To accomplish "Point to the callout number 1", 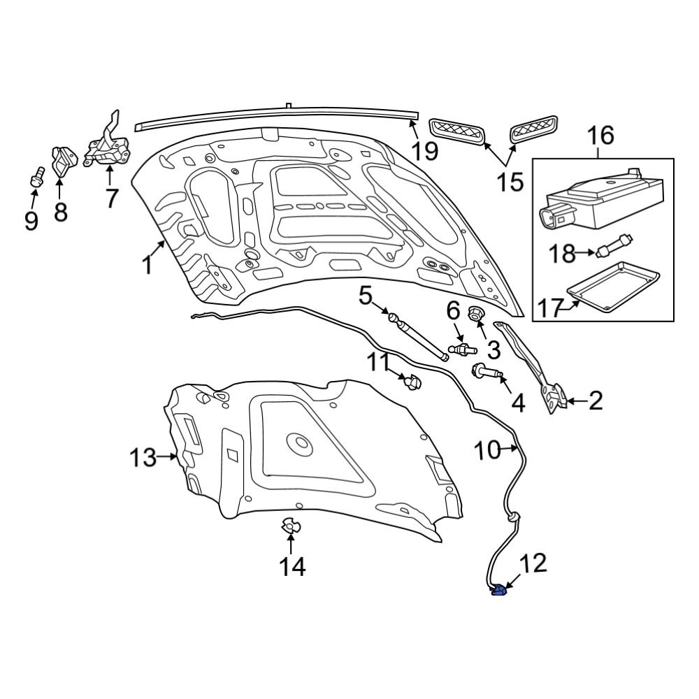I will point(147,266).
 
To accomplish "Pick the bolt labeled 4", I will point(487,373).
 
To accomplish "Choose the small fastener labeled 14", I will point(289,526).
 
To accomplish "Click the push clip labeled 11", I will point(413,382).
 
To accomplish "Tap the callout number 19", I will point(424,150).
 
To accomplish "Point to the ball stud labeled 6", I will point(464,347).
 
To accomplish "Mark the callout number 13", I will point(143,458).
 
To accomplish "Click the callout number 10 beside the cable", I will point(488,451).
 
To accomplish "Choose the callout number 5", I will point(366,296).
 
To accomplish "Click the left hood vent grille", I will point(458,131).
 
